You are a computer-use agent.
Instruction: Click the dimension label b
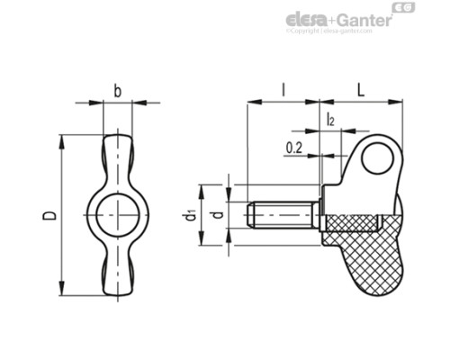[x=118, y=90]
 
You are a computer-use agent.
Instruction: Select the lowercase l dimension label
[x=283, y=90]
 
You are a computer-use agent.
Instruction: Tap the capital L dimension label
[x=361, y=90]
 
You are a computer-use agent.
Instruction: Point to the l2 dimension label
[x=330, y=119]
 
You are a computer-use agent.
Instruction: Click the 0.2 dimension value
[x=294, y=147]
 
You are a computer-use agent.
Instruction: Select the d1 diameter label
[x=190, y=215]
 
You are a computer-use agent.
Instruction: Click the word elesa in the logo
[x=308, y=20]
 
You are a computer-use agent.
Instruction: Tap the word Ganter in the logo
[x=364, y=20]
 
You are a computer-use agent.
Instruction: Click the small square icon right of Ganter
[x=406, y=9]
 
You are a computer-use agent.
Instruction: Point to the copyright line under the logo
[x=328, y=31]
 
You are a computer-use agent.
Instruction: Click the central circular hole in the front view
[x=119, y=215]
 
